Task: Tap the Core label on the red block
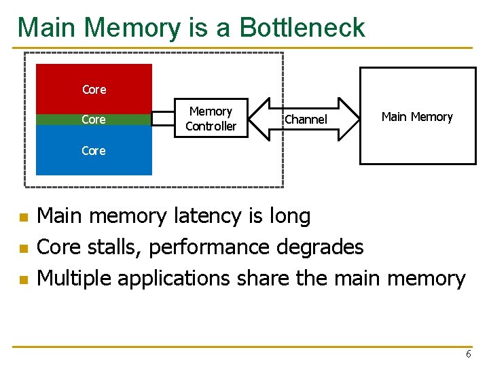94,90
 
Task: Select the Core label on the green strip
94,120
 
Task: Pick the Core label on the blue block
94,151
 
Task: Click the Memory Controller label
211,119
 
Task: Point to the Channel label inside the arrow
306,120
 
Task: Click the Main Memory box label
416,117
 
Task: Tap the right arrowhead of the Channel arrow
352,120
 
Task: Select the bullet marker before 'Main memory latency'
22,218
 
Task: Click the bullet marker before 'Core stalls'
22,249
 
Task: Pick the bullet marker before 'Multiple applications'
22,279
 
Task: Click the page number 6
468,354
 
